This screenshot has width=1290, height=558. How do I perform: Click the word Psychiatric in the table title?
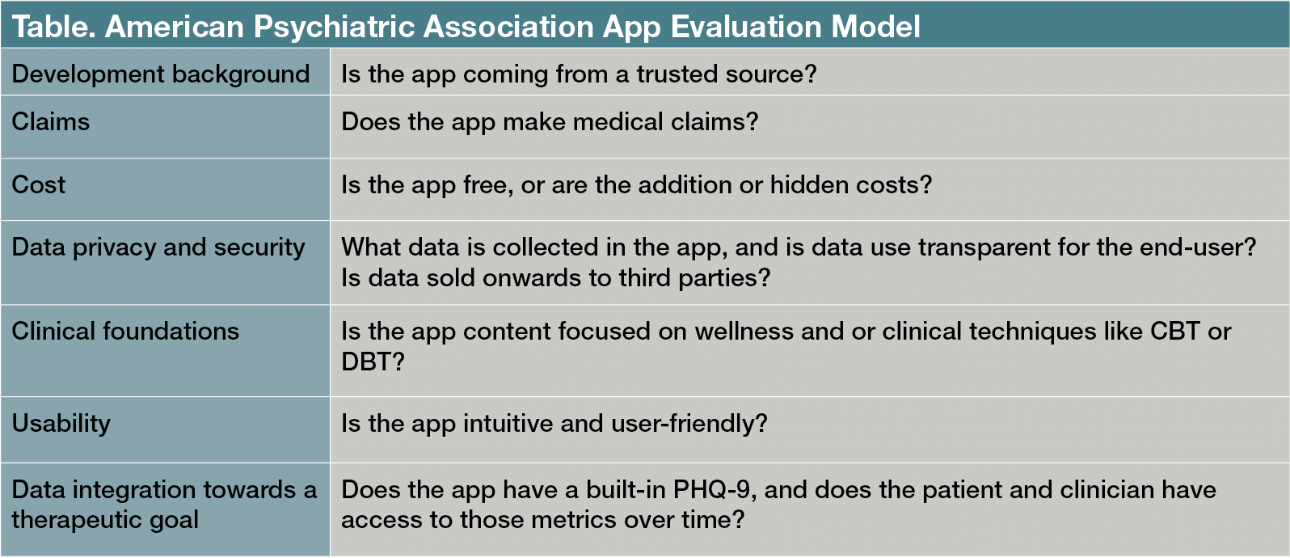point(334,27)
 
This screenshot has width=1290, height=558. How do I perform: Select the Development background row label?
point(161,74)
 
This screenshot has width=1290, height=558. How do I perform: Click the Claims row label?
point(51,121)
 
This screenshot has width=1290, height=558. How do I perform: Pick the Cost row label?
point(38,184)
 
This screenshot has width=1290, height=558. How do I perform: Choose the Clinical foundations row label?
point(125,331)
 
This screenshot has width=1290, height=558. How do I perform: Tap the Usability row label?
point(61,424)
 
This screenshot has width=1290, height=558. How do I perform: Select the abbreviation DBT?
point(373,361)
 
